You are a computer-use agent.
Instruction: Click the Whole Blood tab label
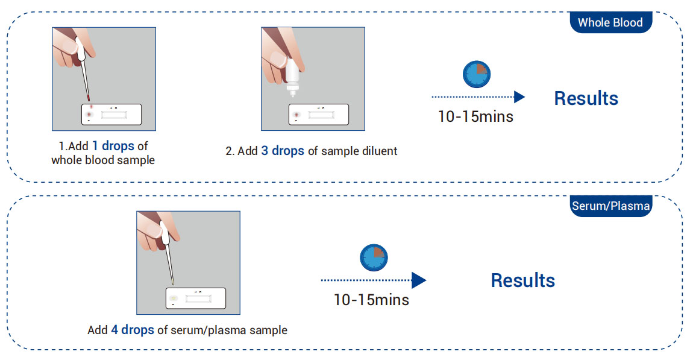coord(610,22)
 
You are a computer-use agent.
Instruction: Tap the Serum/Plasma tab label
coord(610,206)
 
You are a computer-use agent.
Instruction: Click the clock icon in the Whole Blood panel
coord(477,74)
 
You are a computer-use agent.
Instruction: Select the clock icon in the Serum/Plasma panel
coord(374,258)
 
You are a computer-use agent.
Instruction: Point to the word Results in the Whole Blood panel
coord(586,98)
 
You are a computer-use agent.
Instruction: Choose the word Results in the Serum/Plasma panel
coord(523,280)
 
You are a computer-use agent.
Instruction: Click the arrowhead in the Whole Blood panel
coord(519,97)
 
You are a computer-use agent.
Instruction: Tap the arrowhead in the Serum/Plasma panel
coord(419,280)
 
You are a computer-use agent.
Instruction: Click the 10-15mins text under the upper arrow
coord(475,116)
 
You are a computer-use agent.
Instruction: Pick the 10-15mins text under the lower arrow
coord(371,300)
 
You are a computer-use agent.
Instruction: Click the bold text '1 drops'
coord(113,146)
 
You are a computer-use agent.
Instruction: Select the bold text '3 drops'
coord(283,151)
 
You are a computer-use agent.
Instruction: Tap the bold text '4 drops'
coord(133,330)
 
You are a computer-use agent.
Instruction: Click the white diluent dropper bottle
coord(292,77)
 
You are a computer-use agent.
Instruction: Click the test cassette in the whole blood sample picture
coord(111,115)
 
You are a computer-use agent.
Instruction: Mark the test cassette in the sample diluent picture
coord(319,115)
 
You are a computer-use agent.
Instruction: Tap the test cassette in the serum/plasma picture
coord(196,298)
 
